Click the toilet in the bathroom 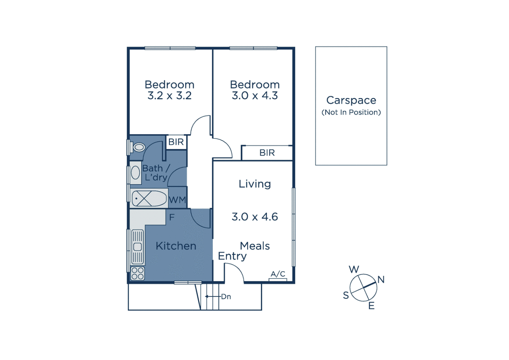(139, 147)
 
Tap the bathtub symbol (149, 199)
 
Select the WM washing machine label (177, 200)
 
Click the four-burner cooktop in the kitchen (138, 274)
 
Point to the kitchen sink (138, 247)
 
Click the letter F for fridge (172, 217)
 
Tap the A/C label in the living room (278, 274)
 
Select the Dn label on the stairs (226, 297)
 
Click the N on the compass (381, 280)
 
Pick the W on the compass (354, 269)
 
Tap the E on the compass (371, 306)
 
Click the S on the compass (346, 295)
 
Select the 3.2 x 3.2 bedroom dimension (170, 96)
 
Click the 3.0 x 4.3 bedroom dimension (255, 96)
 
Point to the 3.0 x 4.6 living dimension (255, 217)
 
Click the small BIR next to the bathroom (176, 142)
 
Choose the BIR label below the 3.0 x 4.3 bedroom (267, 153)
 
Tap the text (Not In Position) (351, 112)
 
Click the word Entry (232, 256)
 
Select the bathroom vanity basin (136, 173)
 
